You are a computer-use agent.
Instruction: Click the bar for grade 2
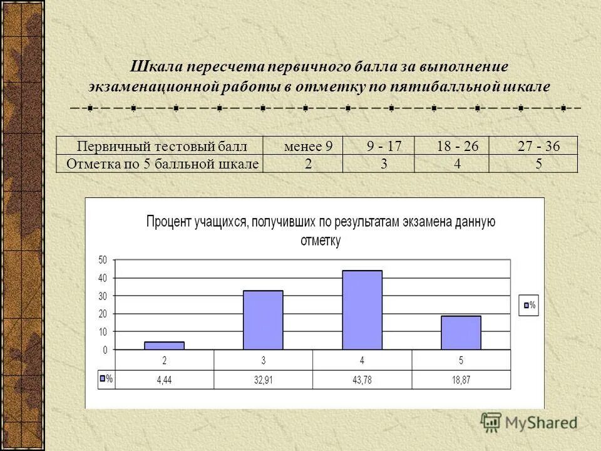164,345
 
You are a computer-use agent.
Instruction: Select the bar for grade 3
263,320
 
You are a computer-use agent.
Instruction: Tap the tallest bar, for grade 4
362,310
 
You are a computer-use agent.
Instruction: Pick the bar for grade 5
461,333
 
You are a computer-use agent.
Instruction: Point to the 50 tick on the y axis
103,259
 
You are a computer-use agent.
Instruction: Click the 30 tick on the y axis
103,296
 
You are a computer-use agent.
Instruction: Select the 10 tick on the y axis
103,331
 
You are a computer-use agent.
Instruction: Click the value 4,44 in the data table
165,380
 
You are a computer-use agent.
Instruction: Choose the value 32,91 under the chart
263,380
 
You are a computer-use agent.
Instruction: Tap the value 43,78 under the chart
362,380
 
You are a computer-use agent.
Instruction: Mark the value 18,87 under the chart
461,380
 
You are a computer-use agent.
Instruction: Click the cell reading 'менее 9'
307,147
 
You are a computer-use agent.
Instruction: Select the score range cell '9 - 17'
384,147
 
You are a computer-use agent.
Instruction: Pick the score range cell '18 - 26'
458,147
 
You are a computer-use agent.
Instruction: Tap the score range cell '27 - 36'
538,147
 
